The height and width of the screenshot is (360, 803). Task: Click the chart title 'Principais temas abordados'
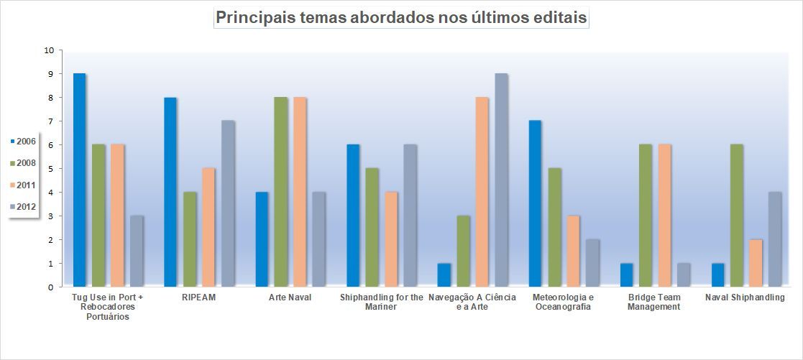401,18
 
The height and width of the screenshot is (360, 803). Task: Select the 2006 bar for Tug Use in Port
79,180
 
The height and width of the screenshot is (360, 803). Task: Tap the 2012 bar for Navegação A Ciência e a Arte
501,180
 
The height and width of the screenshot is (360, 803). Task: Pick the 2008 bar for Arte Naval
280,193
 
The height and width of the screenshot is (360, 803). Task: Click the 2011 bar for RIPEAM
208,228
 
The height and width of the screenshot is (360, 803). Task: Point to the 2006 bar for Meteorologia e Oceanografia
536,204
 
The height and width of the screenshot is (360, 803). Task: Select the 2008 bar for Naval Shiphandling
736,216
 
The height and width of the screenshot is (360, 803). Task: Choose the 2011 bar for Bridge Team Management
664,216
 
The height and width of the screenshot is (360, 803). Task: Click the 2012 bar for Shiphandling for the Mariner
410,216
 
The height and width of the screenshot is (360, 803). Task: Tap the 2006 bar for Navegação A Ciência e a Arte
444,275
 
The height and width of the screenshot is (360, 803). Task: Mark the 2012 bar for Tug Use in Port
137,251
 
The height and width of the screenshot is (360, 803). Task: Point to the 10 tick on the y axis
49,50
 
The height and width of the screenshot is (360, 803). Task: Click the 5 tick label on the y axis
50,169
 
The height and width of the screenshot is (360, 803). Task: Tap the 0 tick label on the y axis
50,287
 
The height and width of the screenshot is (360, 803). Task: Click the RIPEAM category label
190,297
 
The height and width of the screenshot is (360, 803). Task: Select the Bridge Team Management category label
653,303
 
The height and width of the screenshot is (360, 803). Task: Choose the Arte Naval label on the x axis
290,297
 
